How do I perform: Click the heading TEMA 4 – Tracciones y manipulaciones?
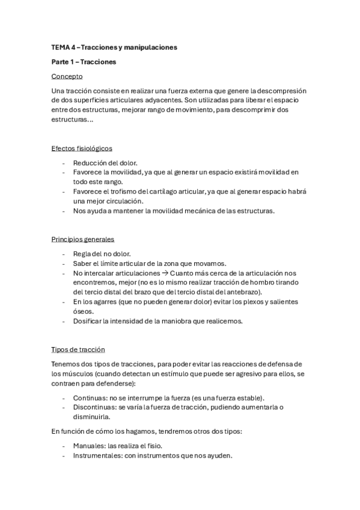[x=114, y=46]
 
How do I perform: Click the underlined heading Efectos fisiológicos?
[x=82, y=148]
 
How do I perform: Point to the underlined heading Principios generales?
[x=82, y=239]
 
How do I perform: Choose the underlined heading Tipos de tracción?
[x=79, y=349]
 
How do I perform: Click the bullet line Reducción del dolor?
[x=105, y=163]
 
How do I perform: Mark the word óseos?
[x=84, y=311]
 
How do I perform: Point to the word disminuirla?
[x=91, y=416]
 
